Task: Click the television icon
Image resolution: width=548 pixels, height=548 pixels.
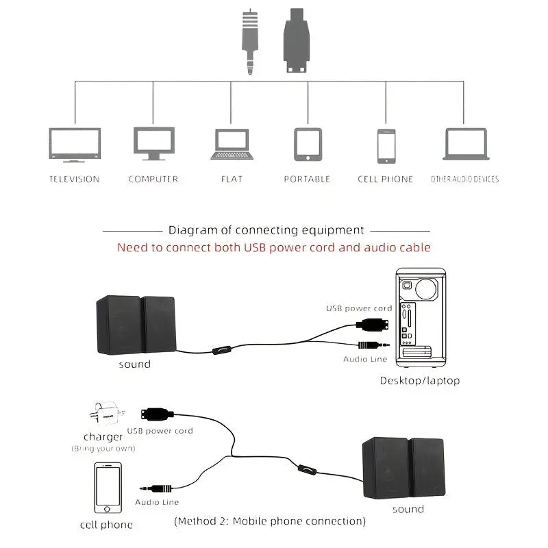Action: click(75, 145)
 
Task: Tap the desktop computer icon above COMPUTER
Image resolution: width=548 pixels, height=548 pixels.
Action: click(153, 143)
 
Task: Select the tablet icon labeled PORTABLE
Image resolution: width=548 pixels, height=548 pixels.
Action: click(308, 144)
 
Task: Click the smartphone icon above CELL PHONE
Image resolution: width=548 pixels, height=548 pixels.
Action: click(386, 146)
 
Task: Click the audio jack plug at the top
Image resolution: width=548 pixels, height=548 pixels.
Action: click(251, 42)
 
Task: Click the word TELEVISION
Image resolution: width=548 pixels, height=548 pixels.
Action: click(75, 179)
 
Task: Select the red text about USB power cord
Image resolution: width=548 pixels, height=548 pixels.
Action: click(273, 247)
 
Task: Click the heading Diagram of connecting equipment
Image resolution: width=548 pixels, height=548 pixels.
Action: click(266, 230)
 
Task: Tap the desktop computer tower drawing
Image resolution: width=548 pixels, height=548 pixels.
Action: click(421, 315)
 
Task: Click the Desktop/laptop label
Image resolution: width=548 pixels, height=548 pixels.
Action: click(420, 380)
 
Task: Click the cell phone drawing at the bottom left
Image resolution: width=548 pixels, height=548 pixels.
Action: click(108, 488)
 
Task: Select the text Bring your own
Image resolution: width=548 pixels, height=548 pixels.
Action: click(103, 449)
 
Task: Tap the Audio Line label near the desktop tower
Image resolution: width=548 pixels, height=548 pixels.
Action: click(365, 359)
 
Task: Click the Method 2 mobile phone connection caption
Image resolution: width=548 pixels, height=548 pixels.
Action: click(270, 521)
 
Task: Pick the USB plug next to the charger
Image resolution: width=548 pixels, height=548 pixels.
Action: click(155, 414)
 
